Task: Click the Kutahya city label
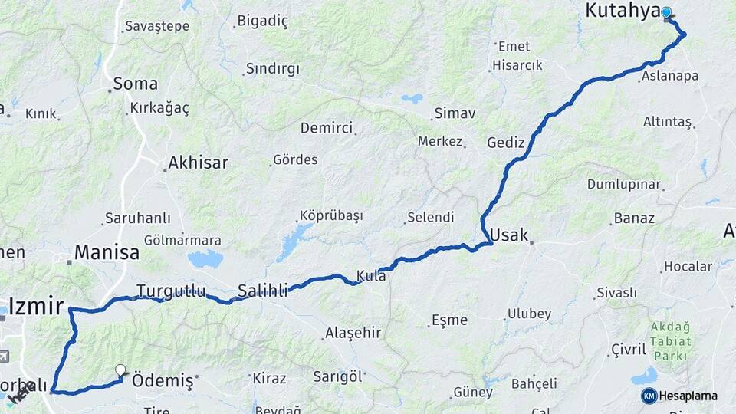(x=623, y=10)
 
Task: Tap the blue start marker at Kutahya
(x=666, y=12)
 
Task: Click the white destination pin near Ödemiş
(x=120, y=371)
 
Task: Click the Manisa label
(x=107, y=252)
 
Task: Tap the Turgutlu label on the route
(x=171, y=291)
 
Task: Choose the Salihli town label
(x=262, y=291)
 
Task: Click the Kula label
(x=371, y=275)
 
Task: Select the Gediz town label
(x=506, y=143)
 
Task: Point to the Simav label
(x=455, y=113)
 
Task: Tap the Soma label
(x=135, y=84)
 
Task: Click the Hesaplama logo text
(x=688, y=396)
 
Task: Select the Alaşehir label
(x=353, y=333)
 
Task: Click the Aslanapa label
(x=670, y=76)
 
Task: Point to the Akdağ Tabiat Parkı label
(x=671, y=340)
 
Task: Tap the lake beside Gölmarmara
(x=205, y=259)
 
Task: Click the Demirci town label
(x=326, y=128)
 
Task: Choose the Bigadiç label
(x=262, y=21)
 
